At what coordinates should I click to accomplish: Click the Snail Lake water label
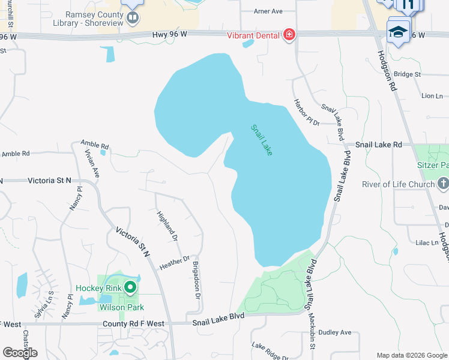(262, 140)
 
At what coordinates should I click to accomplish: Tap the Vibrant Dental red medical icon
(289, 35)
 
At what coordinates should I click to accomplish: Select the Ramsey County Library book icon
(133, 17)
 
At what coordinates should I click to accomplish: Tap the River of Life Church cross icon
(442, 182)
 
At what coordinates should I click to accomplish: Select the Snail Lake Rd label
(378, 145)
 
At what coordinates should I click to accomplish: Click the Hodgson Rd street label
(388, 71)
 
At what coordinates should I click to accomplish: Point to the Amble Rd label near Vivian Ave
(95, 145)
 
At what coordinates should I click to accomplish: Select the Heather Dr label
(175, 262)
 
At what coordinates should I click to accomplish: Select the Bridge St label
(408, 74)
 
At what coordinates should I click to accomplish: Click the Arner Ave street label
(268, 11)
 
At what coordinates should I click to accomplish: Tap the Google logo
(20, 353)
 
